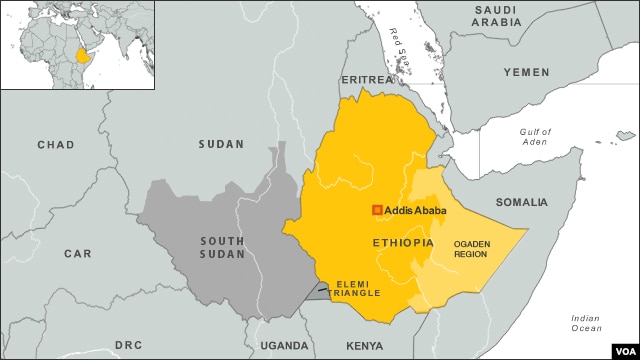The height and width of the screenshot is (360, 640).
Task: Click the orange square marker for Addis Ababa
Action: click(x=377, y=210)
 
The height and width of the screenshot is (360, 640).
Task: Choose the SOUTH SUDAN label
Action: click(x=221, y=248)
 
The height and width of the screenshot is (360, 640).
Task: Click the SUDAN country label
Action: click(x=220, y=144)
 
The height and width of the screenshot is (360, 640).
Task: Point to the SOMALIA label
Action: click(x=521, y=202)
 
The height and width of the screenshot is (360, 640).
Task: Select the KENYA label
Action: click(x=364, y=345)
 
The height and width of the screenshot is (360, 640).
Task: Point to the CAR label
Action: click(x=77, y=254)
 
